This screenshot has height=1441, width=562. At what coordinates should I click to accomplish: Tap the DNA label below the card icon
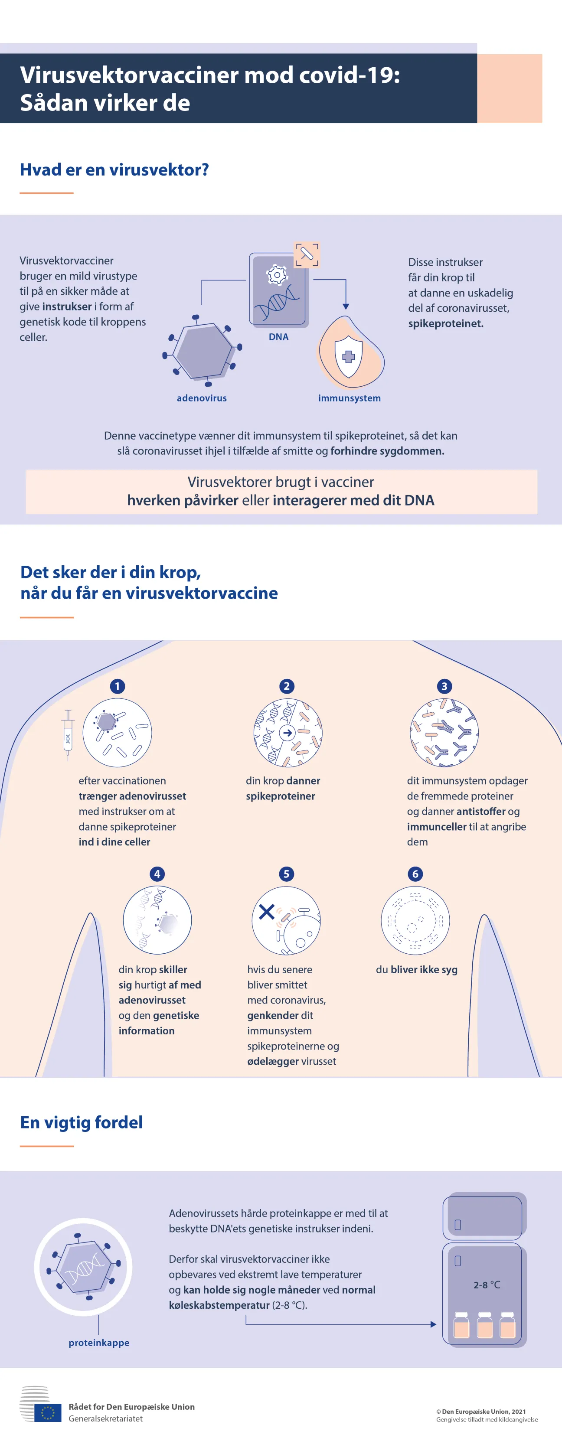click(278, 337)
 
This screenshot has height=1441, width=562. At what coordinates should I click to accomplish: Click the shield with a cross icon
click(348, 356)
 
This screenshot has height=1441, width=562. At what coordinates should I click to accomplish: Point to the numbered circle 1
click(117, 686)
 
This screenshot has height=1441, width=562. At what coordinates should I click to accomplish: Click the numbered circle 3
click(444, 686)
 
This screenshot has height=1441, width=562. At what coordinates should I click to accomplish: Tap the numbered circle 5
click(286, 874)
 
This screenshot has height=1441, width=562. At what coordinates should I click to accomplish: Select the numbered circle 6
click(415, 874)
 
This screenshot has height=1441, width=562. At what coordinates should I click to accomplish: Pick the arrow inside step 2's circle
click(287, 733)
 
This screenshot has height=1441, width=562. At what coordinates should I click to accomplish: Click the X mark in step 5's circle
click(266, 912)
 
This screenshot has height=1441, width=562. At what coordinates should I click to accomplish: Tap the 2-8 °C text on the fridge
click(487, 1285)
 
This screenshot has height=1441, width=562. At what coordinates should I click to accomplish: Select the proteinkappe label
click(99, 1343)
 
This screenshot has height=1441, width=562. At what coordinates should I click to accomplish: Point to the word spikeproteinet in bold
click(446, 323)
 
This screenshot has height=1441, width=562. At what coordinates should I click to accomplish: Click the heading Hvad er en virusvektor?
click(114, 170)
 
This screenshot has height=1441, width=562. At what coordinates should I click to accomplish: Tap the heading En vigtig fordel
click(82, 1122)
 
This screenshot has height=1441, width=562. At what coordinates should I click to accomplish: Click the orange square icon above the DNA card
click(307, 255)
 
